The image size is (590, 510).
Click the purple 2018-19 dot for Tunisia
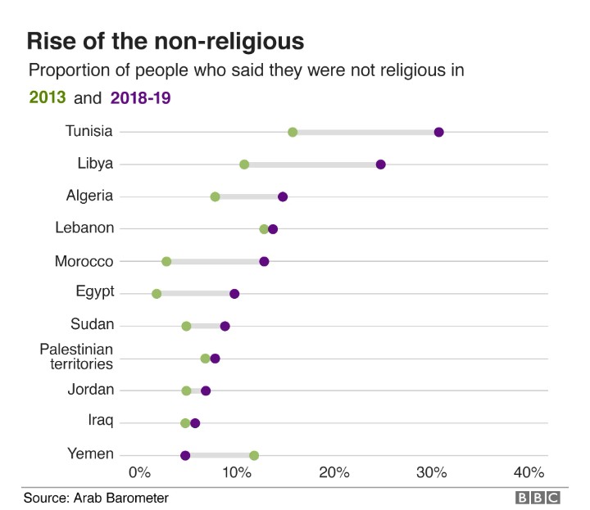pos(438,133)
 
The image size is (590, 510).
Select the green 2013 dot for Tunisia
pos(293,133)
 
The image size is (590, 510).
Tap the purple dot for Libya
pos(380,165)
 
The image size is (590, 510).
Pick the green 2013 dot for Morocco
pos(166,261)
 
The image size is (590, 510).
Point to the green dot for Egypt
pos(157,293)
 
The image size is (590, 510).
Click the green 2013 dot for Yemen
pos(254,455)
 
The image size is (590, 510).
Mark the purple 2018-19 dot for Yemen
pos(185,455)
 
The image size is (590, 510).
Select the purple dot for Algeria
pos(283,196)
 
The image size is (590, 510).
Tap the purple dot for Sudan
pos(225,326)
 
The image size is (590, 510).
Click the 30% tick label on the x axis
pos(431,472)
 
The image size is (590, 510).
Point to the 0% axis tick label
pos(140,472)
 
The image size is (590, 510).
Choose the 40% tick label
pos(529,472)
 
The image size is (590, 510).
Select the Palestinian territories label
pos(76,358)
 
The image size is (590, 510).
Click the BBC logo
pos(538,497)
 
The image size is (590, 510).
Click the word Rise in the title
pos(51,41)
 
